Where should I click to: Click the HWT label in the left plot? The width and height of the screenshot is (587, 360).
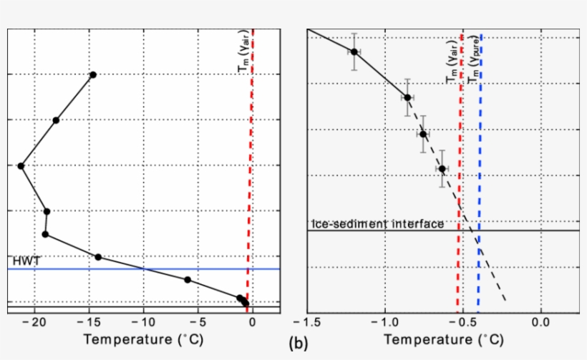pyautogui.click(x=22, y=261)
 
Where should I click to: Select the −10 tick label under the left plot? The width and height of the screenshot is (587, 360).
pyautogui.click(x=143, y=323)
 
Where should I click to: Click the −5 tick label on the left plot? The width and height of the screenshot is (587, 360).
pyautogui.click(x=200, y=323)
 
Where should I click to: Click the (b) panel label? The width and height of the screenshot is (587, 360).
pyautogui.click(x=298, y=344)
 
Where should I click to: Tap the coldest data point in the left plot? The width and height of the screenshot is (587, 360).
pyautogui.click(x=21, y=166)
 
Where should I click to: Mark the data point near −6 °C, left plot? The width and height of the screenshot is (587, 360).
pyautogui.click(x=188, y=280)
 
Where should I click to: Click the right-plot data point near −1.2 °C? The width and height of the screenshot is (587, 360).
pyautogui.click(x=354, y=52)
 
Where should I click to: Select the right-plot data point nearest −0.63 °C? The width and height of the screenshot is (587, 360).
pyautogui.click(x=442, y=169)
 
